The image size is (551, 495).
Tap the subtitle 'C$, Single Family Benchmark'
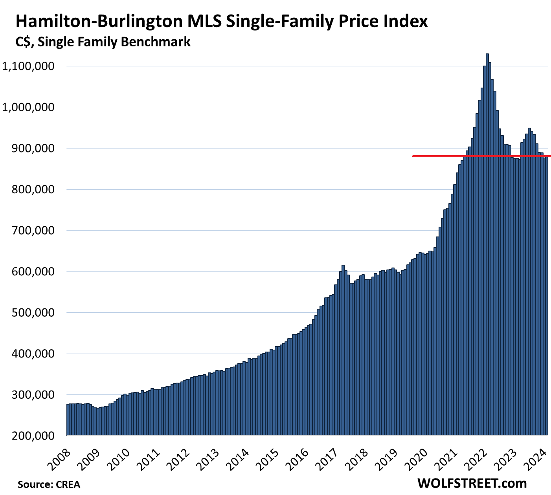click(103, 42)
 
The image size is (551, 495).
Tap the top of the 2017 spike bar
click(343, 266)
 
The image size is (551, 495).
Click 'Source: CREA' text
click(49, 484)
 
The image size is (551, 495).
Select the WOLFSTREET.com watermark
click(472, 483)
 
